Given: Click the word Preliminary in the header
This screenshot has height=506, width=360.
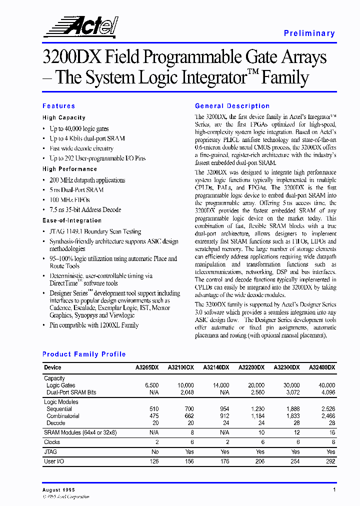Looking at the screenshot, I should click(x=309, y=33).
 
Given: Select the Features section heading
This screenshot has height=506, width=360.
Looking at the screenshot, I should click(x=58, y=106).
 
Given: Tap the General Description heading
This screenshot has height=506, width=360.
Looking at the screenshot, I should click(x=232, y=106).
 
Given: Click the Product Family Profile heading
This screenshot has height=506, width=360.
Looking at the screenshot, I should click(x=84, y=354).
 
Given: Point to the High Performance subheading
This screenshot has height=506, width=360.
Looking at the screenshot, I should click(x=69, y=169).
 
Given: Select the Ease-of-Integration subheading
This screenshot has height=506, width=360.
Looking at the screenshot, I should click(x=72, y=220).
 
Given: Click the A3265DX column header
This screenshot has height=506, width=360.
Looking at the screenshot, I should click(x=147, y=367).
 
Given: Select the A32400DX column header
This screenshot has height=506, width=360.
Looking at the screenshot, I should click(x=322, y=367).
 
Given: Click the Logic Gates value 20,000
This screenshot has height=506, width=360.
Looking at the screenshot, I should click(x=256, y=385).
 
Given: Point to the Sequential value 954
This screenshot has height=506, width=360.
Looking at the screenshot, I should click(x=222, y=409).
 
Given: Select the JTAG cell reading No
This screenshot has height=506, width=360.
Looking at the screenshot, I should click(x=155, y=451).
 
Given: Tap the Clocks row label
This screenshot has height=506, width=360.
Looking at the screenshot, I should click(x=52, y=442).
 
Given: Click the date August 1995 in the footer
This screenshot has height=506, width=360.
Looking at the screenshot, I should click(x=58, y=490).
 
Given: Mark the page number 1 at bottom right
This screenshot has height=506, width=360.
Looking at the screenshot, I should click(x=333, y=490).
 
